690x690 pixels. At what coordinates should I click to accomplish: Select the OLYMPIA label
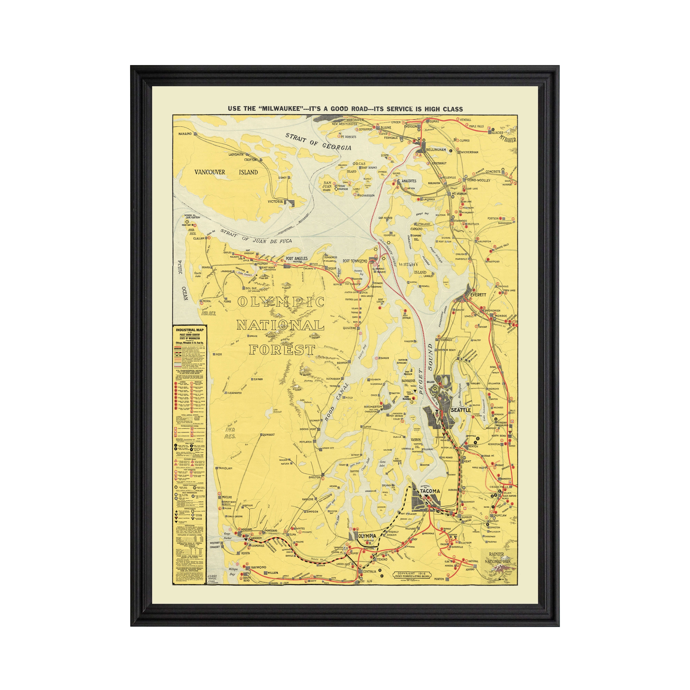[x=367, y=536]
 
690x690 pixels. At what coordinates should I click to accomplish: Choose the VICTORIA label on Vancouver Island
[x=275, y=201]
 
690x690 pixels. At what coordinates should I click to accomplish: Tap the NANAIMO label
[x=185, y=134]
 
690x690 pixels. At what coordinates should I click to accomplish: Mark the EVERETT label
[x=478, y=295]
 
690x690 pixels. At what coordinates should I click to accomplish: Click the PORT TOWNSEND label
[x=355, y=261]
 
